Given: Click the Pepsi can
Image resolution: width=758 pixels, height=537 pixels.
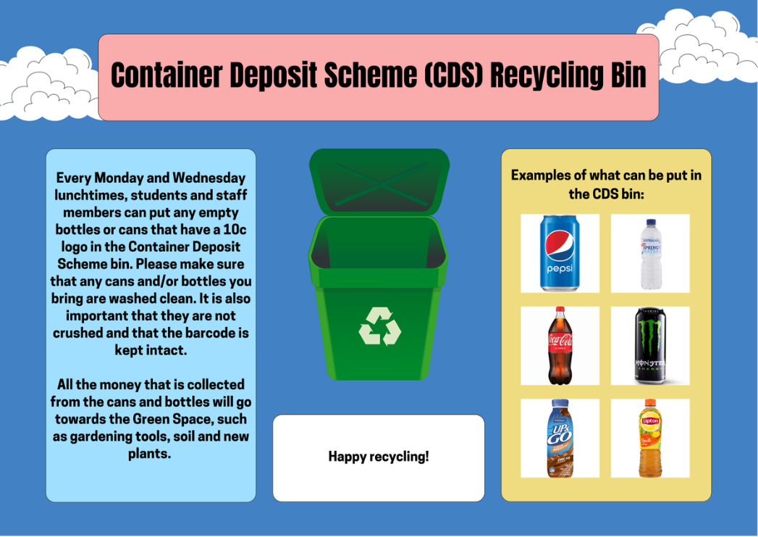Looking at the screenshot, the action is coord(560,253).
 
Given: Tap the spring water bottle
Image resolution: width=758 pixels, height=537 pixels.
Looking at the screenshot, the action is coord(651,254).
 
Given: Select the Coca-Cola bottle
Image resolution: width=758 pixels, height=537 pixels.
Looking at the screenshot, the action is coord(560,346).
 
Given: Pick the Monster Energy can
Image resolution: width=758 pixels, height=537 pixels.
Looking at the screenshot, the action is coord(650,346).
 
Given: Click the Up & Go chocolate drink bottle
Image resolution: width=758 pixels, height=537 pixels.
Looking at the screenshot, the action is coord(560,438).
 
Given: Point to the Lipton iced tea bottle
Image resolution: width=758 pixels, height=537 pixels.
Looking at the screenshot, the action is coord(650,438).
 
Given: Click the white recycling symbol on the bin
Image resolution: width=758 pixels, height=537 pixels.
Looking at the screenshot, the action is coord(380,327).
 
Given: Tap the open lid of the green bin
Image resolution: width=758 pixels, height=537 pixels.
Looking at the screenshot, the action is coord(379,182).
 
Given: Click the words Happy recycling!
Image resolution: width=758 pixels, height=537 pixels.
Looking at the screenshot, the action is coord(379,457).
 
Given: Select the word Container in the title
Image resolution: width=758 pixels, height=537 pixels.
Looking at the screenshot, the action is coord(167,75).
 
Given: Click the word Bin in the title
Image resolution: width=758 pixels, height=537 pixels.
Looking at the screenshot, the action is coord(628,75).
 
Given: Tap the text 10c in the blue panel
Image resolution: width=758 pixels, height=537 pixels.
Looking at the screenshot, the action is coord(235,229).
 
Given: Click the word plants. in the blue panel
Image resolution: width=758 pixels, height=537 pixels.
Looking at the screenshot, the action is coord(149,454).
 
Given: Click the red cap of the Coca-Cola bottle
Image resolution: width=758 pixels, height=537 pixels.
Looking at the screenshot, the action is coord(560,309).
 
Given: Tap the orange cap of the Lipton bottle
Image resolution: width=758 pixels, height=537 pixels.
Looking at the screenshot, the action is coord(650,402).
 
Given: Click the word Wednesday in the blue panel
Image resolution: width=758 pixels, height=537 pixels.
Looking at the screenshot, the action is coord(209,178).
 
